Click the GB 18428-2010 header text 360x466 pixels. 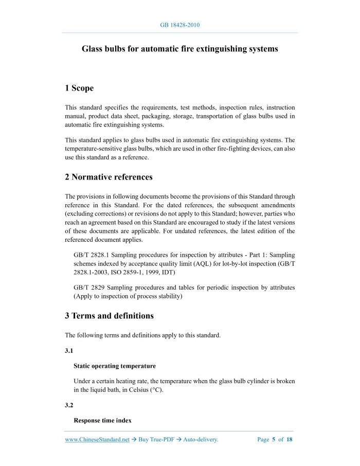[x=179, y=25]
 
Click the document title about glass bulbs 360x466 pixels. [x=180, y=49]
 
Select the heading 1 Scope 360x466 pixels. [x=79, y=88]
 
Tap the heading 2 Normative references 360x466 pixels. [x=109, y=177]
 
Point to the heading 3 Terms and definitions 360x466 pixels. [x=109, y=316]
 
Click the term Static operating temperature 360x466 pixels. [x=115, y=366]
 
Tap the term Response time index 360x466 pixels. [x=102, y=421]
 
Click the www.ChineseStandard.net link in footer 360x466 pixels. [x=97, y=440]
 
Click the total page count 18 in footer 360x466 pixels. [x=290, y=440]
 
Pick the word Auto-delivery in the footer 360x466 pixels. [x=201, y=440]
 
